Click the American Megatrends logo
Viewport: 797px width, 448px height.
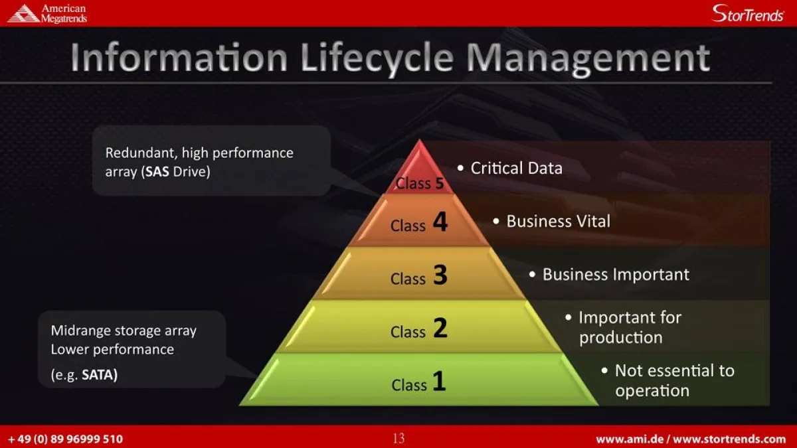[x=46, y=13]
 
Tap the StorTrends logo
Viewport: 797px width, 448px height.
[x=747, y=13]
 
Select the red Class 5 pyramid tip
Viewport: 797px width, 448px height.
[x=419, y=169]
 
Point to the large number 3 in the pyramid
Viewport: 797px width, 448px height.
[x=440, y=275]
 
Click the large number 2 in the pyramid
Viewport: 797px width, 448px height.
[x=440, y=328]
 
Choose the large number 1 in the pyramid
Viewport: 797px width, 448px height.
[x=439, y=381]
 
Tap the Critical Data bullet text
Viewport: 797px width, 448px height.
[x=516, y=169]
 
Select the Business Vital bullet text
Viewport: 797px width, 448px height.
[x=558, y=222]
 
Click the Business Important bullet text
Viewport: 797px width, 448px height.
[x=616, y=275]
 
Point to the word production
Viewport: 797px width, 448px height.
[x=620, y=338]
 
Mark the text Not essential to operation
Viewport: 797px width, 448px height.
[x=673, y=380]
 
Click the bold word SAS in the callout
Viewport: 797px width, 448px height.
[x=157, y=173]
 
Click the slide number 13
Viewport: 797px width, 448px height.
[x=398, y=439]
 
